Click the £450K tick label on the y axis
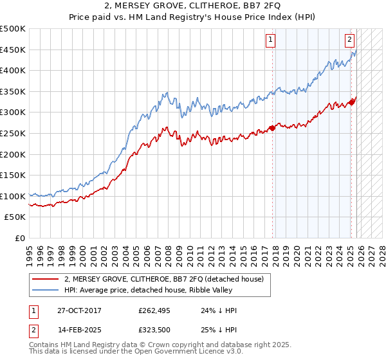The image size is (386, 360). tap(13, 50)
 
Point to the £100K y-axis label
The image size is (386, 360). tap(13, 196)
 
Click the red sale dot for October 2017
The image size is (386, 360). tap(272, 128)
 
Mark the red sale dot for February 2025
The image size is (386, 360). tap(351, 102)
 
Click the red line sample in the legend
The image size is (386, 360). tap(46, 279)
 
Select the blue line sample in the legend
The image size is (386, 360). tap(46, 290)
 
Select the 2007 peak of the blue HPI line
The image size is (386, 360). tap(166, 93)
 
